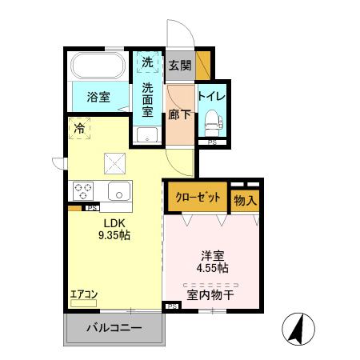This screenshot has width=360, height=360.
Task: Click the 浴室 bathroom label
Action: tap(98, 98)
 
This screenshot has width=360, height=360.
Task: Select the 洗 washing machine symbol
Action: tap(147, 62)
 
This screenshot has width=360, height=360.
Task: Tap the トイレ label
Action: tap(212, 98)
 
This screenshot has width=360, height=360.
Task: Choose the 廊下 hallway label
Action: tap(179, 112)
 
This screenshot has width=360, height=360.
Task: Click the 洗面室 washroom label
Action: tap(147, 100)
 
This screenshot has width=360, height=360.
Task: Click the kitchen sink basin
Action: tap(119, 192)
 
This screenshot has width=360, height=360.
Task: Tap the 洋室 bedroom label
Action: tap(212, 257)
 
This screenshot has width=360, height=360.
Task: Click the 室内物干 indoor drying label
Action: tap(211, 295)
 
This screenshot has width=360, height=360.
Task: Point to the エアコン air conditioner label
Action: tap(84, 294)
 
